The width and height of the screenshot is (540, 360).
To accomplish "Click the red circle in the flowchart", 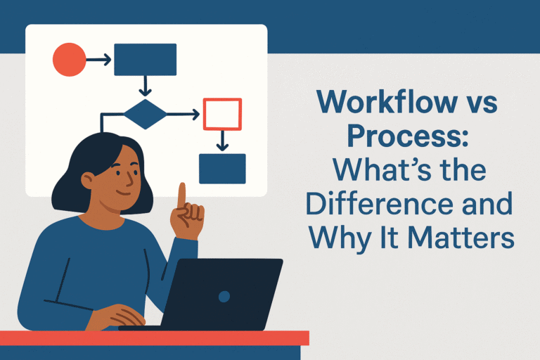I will coord(69,60).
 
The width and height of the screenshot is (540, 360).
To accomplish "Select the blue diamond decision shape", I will coord(147,114).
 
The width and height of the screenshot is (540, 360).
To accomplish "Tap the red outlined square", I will coord(222,114).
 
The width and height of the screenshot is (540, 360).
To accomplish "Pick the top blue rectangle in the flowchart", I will coord(146,60).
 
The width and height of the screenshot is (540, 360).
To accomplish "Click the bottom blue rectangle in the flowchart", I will coord(222,168).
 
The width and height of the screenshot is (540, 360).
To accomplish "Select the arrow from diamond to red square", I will coord(185,114).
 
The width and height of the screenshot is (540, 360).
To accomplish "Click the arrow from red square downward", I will coord(222,141).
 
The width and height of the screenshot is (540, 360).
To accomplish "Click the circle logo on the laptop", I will coord(224,296).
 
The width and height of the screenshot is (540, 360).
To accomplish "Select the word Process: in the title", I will coord(407,139).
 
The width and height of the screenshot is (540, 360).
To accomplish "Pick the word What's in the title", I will coord(387,172).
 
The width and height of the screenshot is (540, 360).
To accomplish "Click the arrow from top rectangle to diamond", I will coord(146,86).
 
